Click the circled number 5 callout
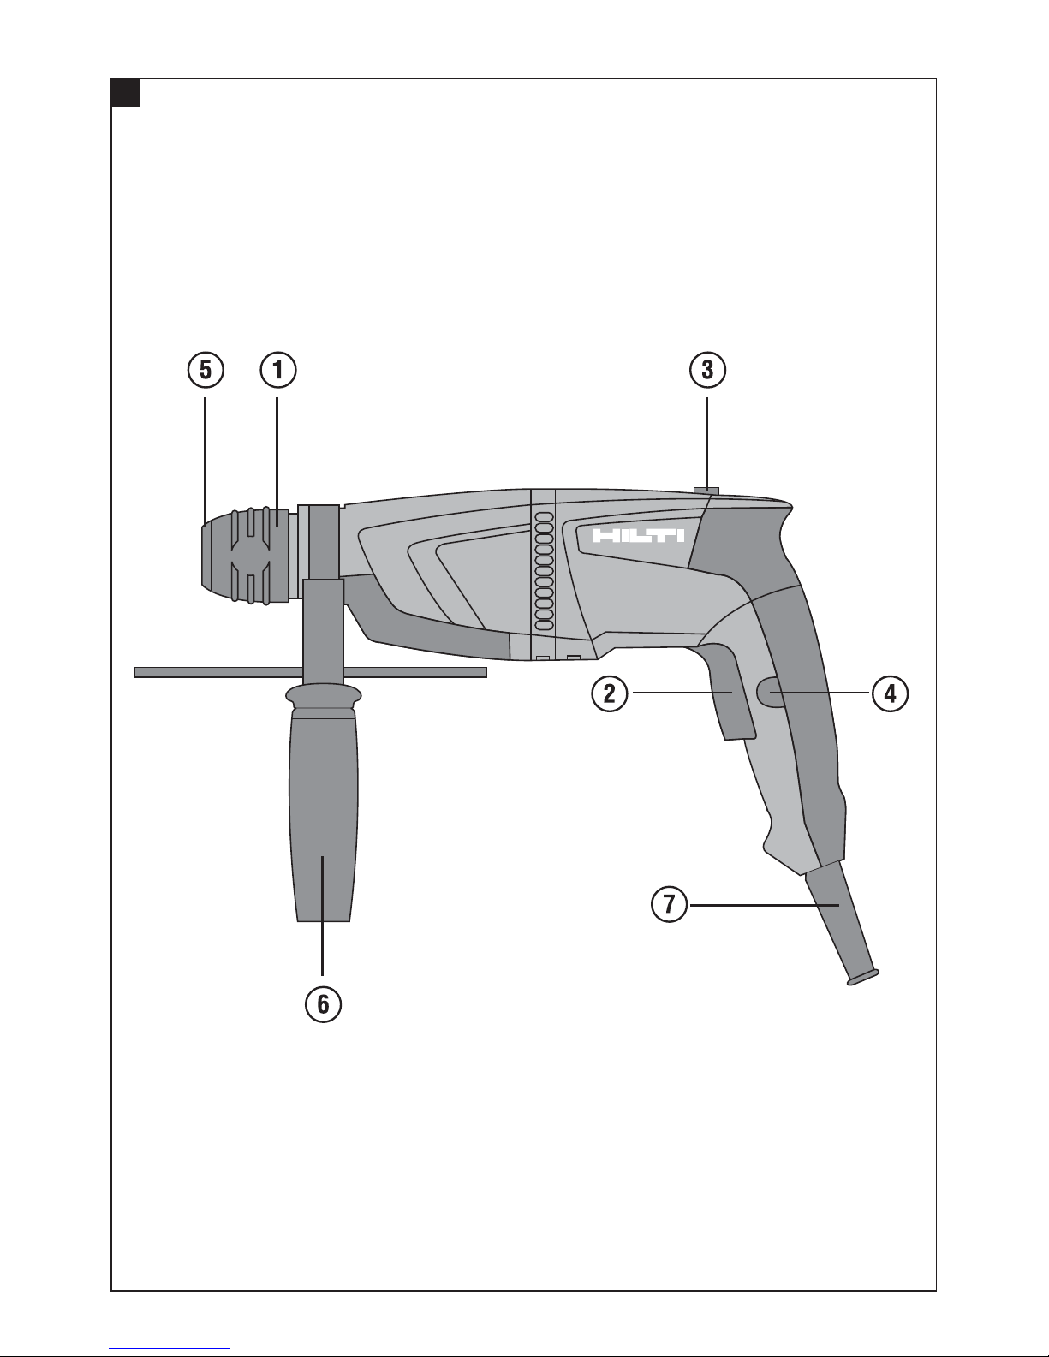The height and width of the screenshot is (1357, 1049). click(x=206, y=371)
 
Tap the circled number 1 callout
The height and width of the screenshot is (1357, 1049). click(x=277, y=371)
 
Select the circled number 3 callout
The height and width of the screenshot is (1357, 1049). click(x=707, y=370)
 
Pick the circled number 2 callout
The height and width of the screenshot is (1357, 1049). click(x=610, y=693)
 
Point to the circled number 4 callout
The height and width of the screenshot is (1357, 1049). click(x=890, y=693)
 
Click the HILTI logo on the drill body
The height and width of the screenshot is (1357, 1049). click(x=638, y=536)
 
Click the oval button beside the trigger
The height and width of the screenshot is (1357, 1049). click(x=771, y=693)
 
